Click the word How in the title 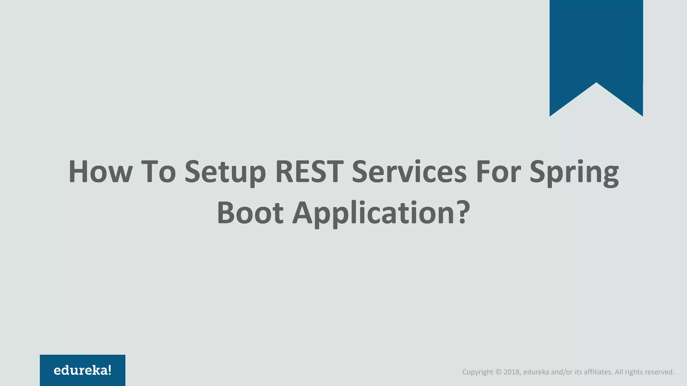[100, 172]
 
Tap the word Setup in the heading [225, 172]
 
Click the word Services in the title [409, 172]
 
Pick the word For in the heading [498, 172]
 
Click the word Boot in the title [250, 213]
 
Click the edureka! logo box [83, 370]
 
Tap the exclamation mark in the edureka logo [109, 370]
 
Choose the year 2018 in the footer [512, 372]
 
